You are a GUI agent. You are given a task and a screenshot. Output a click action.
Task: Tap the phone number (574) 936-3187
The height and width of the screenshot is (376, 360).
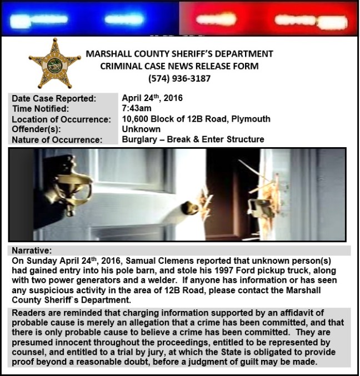coord(179,78)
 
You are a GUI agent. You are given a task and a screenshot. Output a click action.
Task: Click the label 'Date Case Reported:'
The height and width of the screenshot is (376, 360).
coord(54,98)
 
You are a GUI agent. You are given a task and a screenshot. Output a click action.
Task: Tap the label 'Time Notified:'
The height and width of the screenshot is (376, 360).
coord(41,109)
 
